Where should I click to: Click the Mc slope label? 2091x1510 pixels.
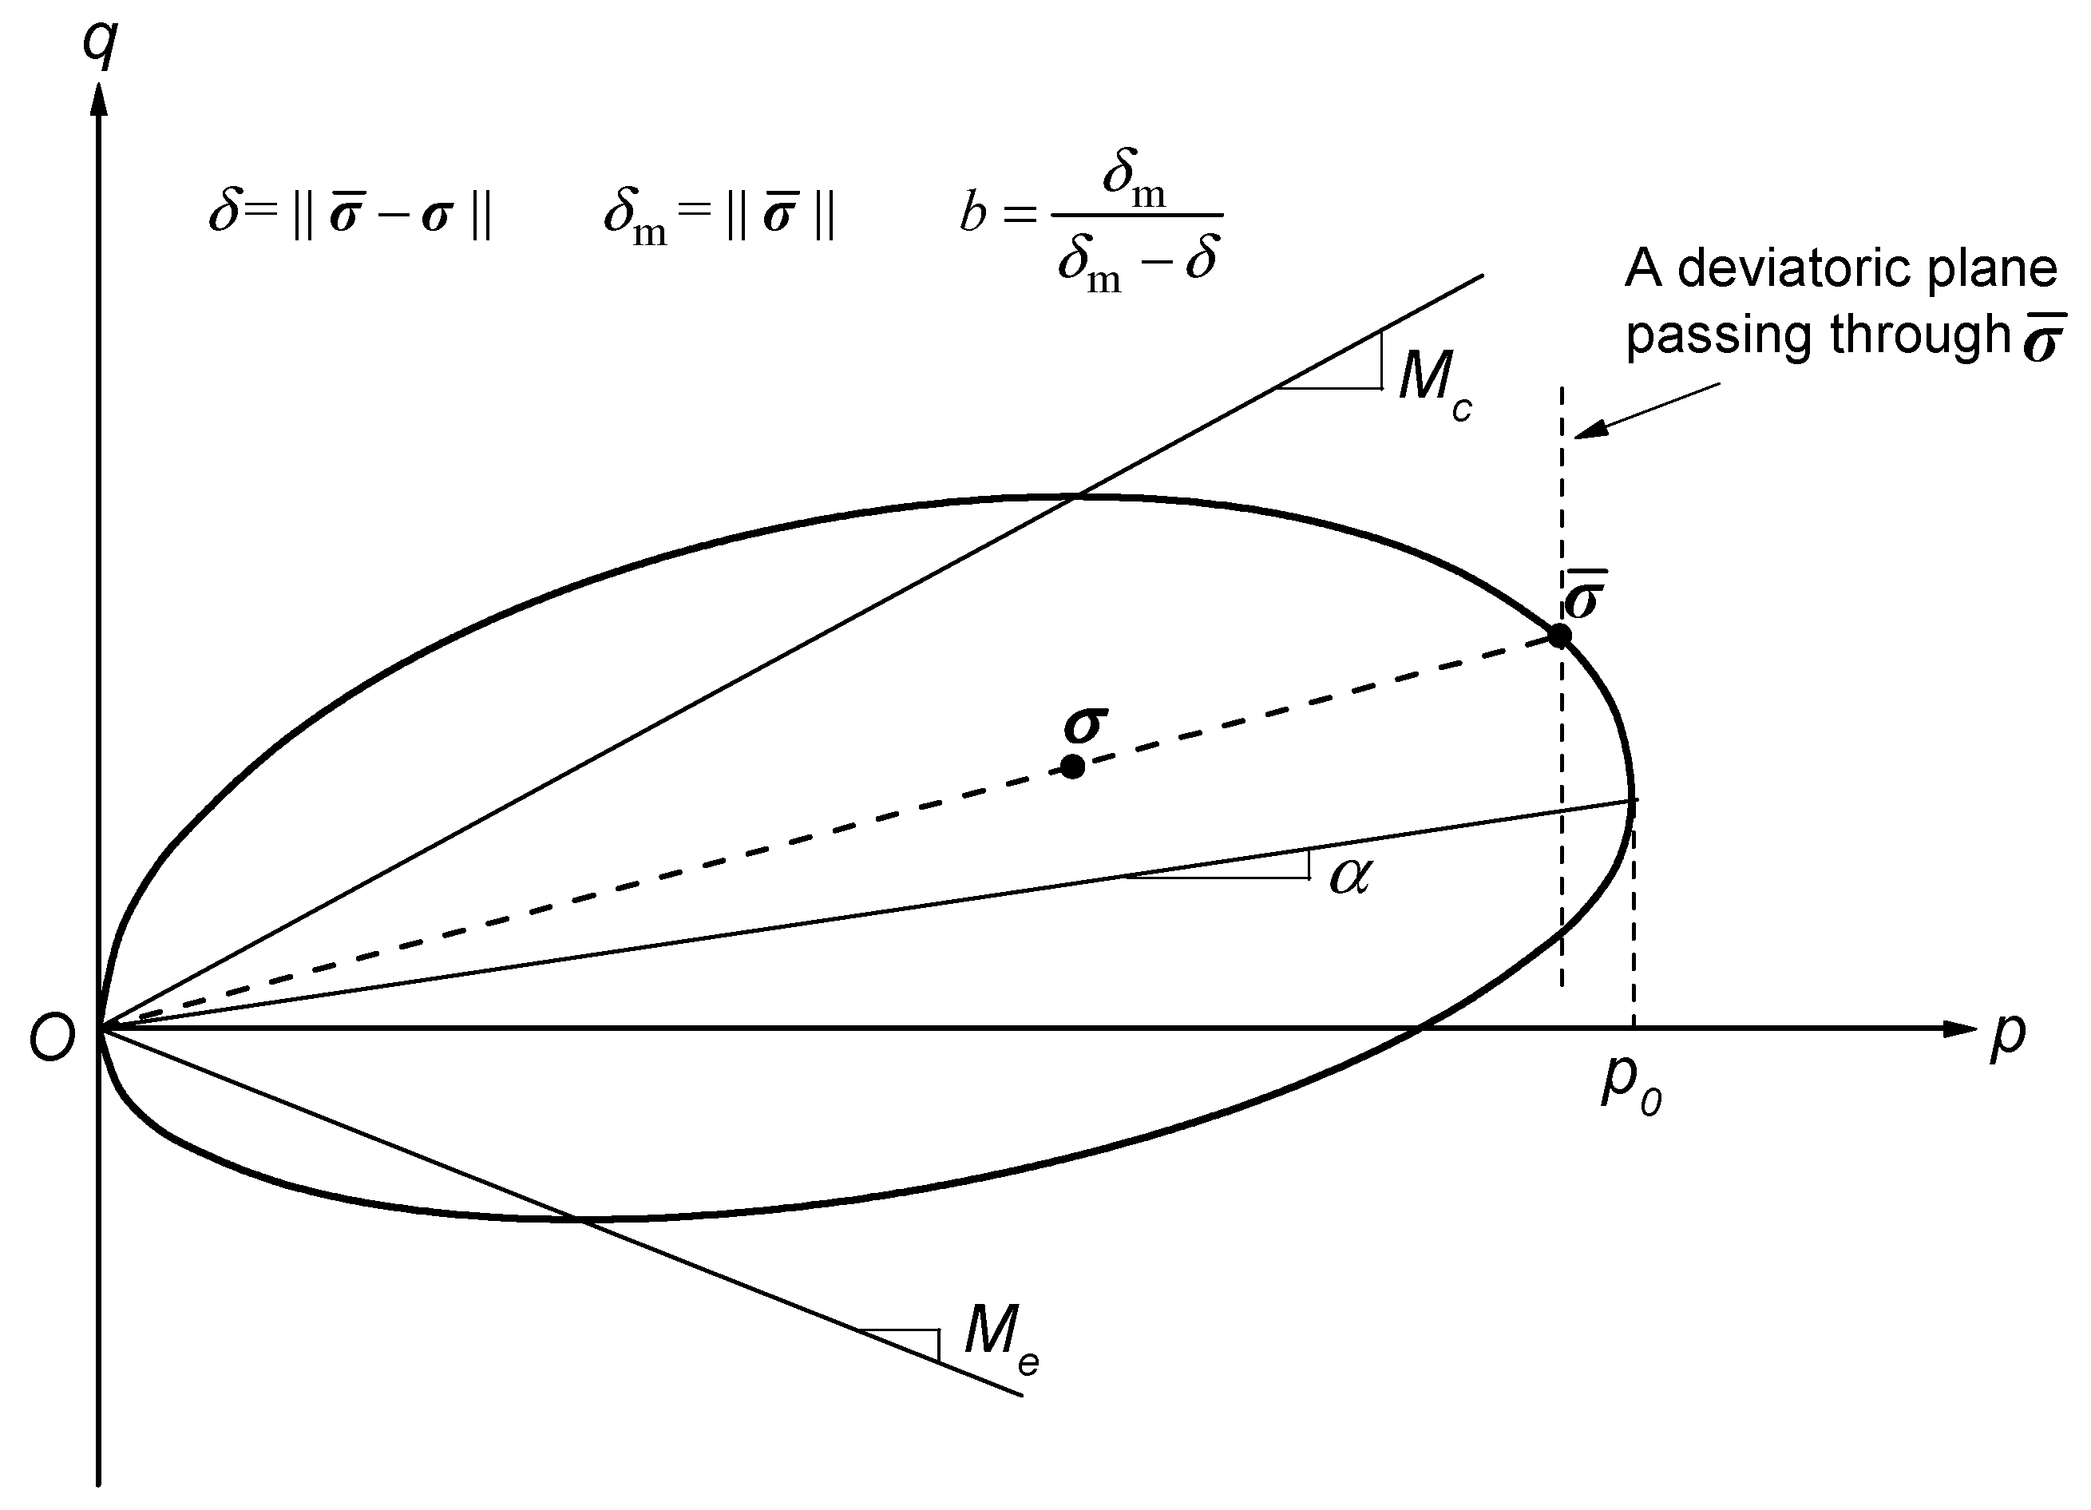[x=1432, y=381]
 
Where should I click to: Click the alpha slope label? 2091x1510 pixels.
[x=1348, y=876]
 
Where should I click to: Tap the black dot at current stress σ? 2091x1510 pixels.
[x=1072, y=766]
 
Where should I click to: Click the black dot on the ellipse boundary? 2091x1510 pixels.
[x=1559, y=635]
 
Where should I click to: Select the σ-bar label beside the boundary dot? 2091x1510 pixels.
[x=1585, y=595]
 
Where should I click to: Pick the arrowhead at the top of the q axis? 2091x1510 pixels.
[x=100, y=100]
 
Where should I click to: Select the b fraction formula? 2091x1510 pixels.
[x=1091, y=217]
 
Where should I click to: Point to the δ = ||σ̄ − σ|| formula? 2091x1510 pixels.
[x=350, y=216]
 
